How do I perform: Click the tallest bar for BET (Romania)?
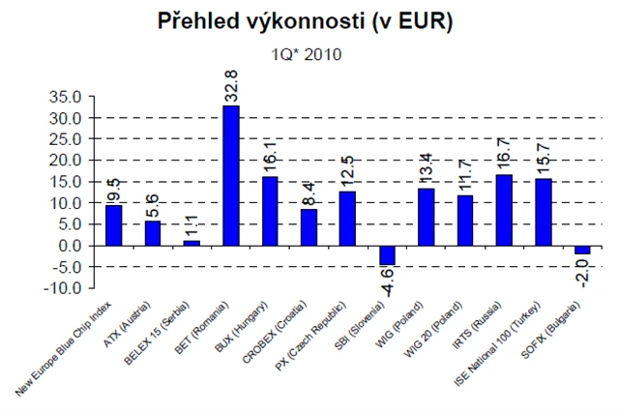click(x=231, y=175)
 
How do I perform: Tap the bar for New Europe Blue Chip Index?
click(x=114, y=224)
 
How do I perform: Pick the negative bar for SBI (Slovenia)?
click(x=387, y=254)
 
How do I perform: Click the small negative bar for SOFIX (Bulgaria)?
click(x=582, y=250)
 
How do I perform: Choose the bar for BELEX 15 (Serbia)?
click(x=192, y=243)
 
